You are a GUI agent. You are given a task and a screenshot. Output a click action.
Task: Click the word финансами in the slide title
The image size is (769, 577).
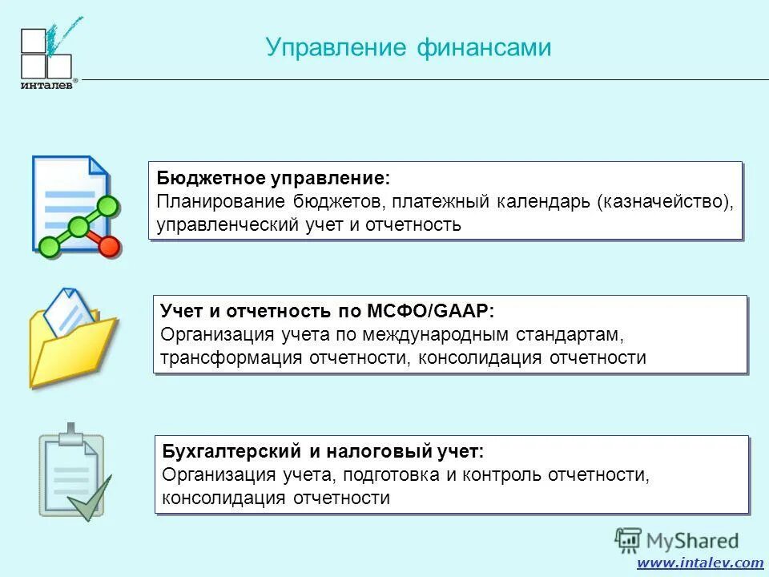coord(483,48)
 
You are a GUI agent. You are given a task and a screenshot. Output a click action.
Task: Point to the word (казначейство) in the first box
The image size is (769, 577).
coord(663,201)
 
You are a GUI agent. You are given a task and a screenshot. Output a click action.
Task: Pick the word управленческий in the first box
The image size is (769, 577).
coord(224,224)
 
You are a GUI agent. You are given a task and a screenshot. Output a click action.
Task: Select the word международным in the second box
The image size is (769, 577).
coord(457,333)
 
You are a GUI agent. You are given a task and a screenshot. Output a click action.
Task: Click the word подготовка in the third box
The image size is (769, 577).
coord(392,474)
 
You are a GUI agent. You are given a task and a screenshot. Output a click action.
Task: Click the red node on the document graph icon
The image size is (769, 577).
coord(111,247)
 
